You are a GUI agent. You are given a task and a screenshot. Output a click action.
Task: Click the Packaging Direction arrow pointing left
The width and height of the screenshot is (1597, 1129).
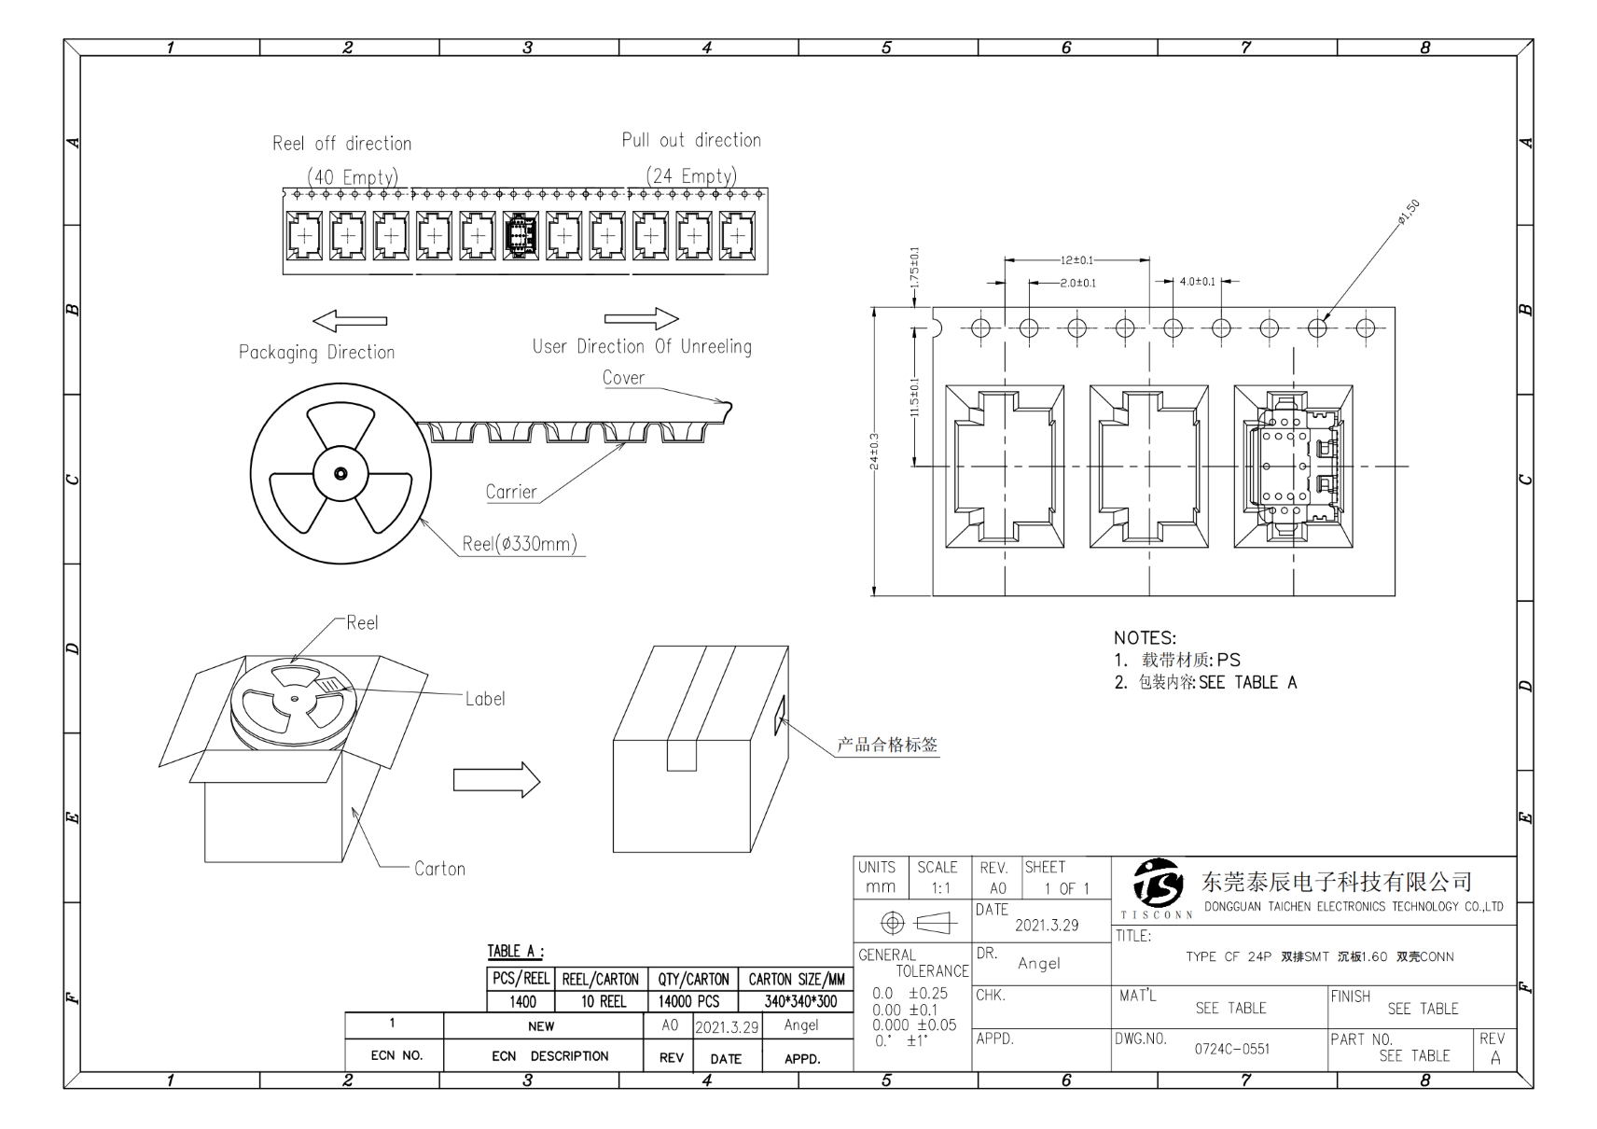tap(350, 321)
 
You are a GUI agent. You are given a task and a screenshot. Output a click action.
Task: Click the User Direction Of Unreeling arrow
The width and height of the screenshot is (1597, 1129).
tap(642, 318)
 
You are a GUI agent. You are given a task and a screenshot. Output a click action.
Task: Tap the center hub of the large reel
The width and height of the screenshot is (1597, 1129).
tap(340, 474)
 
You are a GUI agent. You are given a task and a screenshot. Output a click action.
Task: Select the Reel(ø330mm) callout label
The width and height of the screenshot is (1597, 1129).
tap(519, 544)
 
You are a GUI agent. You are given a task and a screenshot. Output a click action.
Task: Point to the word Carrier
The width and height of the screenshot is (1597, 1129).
tap(510, 492)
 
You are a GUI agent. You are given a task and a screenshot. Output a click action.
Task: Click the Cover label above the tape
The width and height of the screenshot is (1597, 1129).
tap(623, 378)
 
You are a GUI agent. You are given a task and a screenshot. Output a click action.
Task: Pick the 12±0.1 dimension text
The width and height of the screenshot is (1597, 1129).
tap(1076, 260)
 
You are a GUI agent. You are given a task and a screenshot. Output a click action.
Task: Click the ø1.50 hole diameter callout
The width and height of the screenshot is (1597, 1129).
tap(1408, 213)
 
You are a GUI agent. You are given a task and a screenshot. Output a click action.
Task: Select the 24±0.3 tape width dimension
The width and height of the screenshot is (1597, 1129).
tap(874, 452)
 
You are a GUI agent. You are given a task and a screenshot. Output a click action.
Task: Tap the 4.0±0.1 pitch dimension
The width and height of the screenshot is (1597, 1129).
tap(1197, 282)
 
